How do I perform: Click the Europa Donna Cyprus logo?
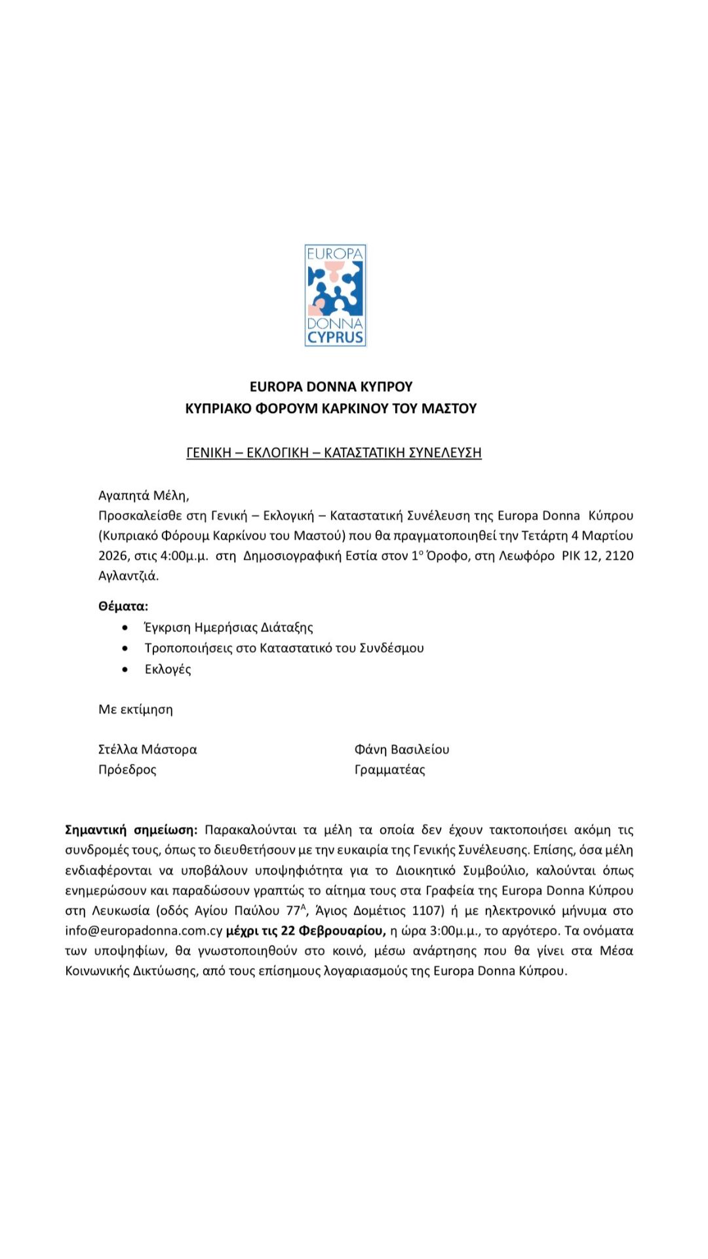coord(335,295)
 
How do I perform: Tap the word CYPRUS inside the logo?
coord(335,338)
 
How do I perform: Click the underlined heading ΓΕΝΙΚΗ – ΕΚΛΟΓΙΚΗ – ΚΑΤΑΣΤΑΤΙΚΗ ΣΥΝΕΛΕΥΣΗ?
coord(334,452)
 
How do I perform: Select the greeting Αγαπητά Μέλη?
coord(144,495)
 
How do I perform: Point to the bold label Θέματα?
coord(123,606)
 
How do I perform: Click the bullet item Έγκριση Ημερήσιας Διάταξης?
coord(229,628)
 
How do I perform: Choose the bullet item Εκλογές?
coord(168,669)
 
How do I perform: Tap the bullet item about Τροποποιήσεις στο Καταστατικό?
coord(284,648)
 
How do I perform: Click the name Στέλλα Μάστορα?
coord(147,749)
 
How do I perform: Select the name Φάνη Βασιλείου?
coord(402,749)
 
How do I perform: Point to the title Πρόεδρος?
coord(127,769)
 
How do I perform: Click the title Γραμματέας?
coord(389,769)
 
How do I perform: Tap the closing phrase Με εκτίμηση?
coord(136,709)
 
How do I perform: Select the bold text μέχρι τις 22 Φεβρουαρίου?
coord(305,930)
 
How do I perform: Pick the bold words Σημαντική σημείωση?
coord(131,829)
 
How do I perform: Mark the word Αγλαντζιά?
coord(128,576)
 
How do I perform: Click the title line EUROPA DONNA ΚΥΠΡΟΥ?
coord(331,386)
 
